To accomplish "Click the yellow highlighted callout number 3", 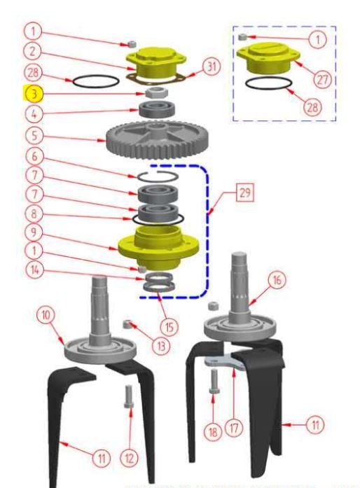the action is tap(34, 94).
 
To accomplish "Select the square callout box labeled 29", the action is tap(245, 193).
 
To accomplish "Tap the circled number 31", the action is tap(212, 67).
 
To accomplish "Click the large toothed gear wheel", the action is tap(158, 140).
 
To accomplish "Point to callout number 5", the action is tap(34, 135).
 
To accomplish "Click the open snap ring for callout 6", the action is tap(158, 176).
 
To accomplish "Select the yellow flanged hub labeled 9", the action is tap(158, 247).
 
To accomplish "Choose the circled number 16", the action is tap(277, 281).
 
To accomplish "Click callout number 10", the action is tap(46, 314).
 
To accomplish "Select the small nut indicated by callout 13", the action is tap(127, 324).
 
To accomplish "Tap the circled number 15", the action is tap(169, 327).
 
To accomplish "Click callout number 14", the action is tap(34, 270).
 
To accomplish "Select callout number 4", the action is tap(34, 114).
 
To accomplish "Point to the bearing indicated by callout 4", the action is tap(158, 109).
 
